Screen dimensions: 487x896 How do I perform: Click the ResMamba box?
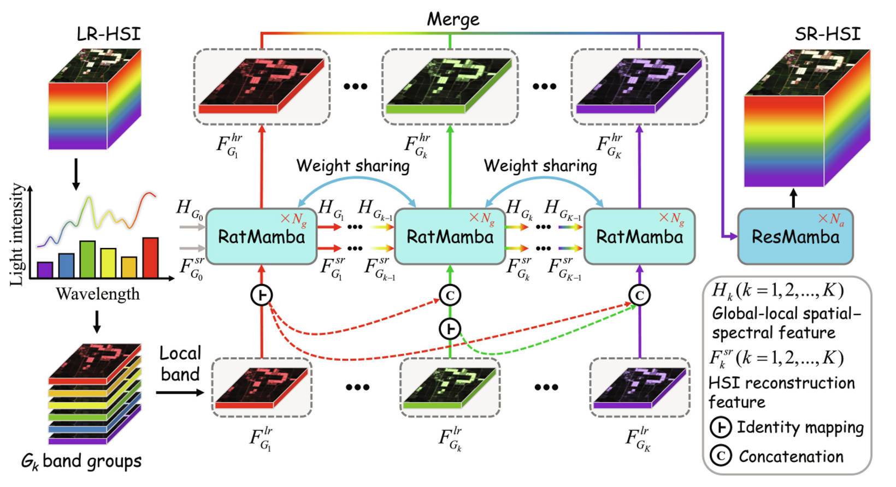[795, 236]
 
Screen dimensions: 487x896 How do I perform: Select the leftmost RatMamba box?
[262, 236]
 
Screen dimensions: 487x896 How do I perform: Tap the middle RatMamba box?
[450, 236]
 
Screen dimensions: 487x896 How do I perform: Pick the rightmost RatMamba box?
[639, 236]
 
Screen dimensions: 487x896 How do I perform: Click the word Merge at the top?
[453, 20]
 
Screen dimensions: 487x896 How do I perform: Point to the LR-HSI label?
[108, 34]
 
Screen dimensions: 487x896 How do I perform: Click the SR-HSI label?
[827, 34]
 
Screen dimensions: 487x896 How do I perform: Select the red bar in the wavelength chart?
[150, 258]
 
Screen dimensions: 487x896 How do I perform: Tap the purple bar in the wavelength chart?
[45, 270]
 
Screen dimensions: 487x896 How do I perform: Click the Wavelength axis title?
[98, 294]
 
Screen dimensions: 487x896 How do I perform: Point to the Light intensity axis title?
[17, 234]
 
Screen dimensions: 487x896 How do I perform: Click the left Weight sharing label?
[353, 165]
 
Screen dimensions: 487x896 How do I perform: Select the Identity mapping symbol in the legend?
[721, 427]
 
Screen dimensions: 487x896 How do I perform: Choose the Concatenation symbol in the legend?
[721, 455]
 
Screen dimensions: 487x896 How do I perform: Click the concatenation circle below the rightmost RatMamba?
[639, 295]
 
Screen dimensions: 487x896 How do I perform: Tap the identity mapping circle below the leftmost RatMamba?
[262, 295]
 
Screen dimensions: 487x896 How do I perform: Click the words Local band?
[180, 364]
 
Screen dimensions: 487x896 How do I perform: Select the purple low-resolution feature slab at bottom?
[639, 388]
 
